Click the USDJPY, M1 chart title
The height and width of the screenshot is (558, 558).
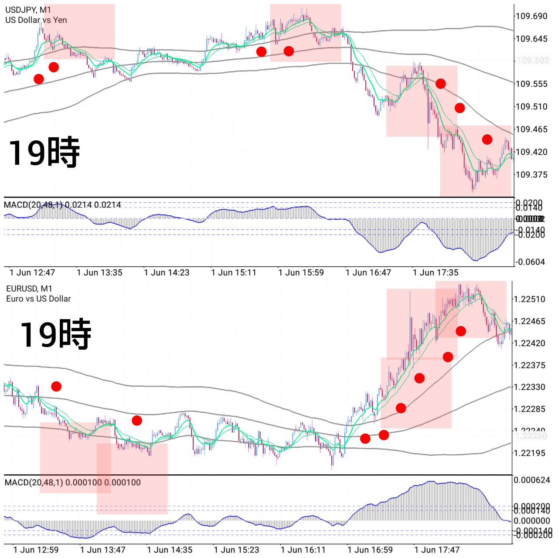(x=28, y=10)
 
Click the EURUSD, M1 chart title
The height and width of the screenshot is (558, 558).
(x=29, y=289)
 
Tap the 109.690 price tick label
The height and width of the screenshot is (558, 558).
(x=531, y=16)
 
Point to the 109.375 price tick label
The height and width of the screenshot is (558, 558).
(x=531, y=174)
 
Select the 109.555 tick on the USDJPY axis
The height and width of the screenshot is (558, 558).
(x=531, y=84)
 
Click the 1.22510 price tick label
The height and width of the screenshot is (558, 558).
(x=529, y=299)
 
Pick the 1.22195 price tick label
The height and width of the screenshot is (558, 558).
(x=529, y=453)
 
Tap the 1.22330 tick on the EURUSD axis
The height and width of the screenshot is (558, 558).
(x=529, y=387)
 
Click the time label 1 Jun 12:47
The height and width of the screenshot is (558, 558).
(x=32, y=272)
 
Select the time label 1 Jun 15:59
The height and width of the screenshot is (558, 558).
(x=301, y=272)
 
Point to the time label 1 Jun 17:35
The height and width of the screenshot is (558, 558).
(x=436, y=272)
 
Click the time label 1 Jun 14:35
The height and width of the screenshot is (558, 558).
(x=170, y=550)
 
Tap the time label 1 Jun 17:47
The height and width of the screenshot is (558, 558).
(x=437, y=550)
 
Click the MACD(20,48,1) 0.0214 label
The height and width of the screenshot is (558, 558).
(x=62, y=204)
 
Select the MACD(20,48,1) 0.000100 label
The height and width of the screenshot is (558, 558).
(x=72, y=482)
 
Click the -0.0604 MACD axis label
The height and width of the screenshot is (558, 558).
(x=530, y=262)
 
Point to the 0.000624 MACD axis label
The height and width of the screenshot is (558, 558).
(x=532, y=480)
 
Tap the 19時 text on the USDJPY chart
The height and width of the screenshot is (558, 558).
(x=44, y=152)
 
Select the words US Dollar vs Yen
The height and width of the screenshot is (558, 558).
(x=36, y=20)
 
